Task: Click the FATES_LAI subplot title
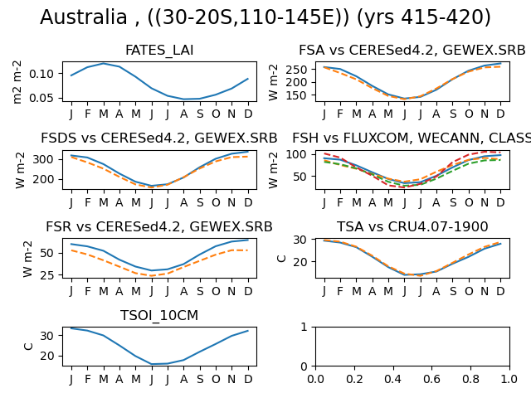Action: (159, 51)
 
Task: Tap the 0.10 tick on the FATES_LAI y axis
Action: (41, 74)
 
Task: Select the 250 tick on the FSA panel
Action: (296, 70)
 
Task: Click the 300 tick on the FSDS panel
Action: (43, 159)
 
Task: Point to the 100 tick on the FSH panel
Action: (296, 154)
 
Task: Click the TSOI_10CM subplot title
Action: (159, 315)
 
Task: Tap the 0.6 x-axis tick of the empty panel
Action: (431, 379)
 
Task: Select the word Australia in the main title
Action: (83, 17)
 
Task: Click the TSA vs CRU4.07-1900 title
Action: (412, 226)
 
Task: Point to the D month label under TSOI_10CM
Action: (248, 379)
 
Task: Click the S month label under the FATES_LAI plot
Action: (200, 114)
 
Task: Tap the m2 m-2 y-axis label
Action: (17, 82)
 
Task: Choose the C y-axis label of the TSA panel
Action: (281, 259)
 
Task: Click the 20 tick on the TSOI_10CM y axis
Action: (46, 356)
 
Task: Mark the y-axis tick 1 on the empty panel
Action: (304, 327)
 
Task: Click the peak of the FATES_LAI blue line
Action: (103, 64)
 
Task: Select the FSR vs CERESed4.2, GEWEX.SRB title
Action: (159, 226)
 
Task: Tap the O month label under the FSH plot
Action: (469, 202)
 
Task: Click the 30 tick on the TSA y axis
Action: (300, 240)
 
